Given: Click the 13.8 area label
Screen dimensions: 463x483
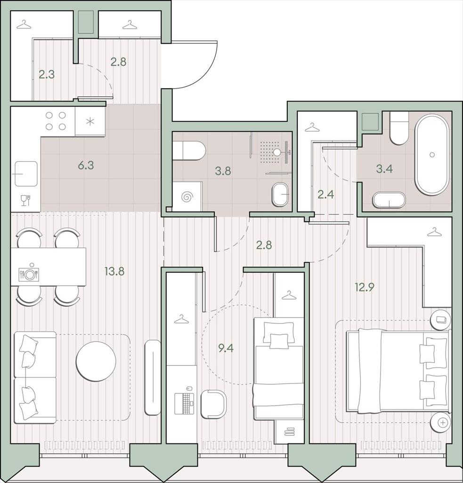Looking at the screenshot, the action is tap(114, 271).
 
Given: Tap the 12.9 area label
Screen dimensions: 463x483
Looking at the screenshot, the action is tap(364, 287).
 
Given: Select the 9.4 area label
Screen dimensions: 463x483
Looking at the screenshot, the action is tap(226, 348).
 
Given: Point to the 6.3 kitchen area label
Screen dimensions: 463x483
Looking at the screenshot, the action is tap(86, 166).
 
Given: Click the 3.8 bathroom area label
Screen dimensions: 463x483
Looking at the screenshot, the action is tap(223, 171).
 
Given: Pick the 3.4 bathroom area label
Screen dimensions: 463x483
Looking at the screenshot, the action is tap(384, 169).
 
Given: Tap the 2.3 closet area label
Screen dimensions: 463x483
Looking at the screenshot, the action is tap(47, 74).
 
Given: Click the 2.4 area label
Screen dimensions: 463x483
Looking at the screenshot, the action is tap(326, 194).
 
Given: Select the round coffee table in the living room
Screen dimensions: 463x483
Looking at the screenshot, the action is tap(96, 361).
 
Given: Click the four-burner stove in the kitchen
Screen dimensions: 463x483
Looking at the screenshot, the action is tap(56, 121).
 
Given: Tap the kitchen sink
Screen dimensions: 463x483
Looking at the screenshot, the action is tap(26, 174).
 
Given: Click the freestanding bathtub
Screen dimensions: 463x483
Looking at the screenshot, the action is tap(431, 155).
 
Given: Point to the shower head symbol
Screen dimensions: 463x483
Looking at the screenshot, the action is tap(277, 152).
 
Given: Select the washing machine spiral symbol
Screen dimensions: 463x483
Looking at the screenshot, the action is tap(187, 197).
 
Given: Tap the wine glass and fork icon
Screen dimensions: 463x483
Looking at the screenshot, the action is tap(26, 200).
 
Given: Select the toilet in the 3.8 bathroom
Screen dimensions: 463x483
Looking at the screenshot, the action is tap(188, 151).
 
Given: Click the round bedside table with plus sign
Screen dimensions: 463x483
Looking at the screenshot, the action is tap(440, 423).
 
